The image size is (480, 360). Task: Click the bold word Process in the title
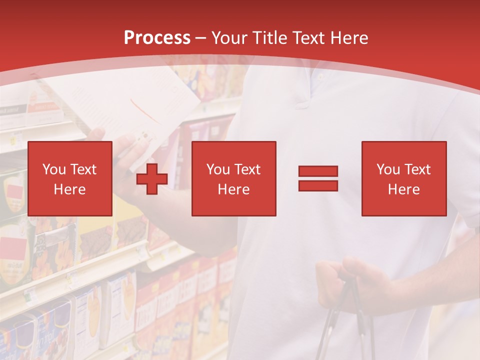(157, 37)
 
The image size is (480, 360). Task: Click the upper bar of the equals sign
(318, 171)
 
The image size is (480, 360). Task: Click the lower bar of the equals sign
(318, 185)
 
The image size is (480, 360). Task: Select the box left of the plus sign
(70, 178)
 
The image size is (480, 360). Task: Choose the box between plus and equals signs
(233, 178)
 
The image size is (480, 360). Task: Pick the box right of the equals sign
(403, 178)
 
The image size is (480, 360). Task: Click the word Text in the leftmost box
(82, 169)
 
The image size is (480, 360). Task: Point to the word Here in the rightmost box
(403, 189)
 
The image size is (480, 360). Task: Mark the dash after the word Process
(200, 38)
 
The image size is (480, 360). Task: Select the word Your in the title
(230, 37)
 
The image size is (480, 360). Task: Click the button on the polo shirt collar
(320, 78)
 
